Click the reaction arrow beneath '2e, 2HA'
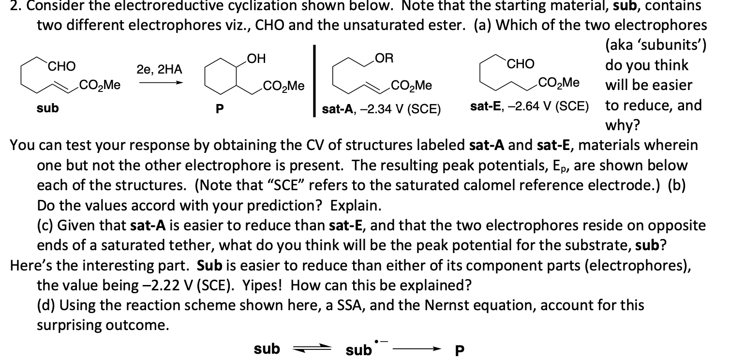(161, 83)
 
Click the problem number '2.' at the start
(7, 6)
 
